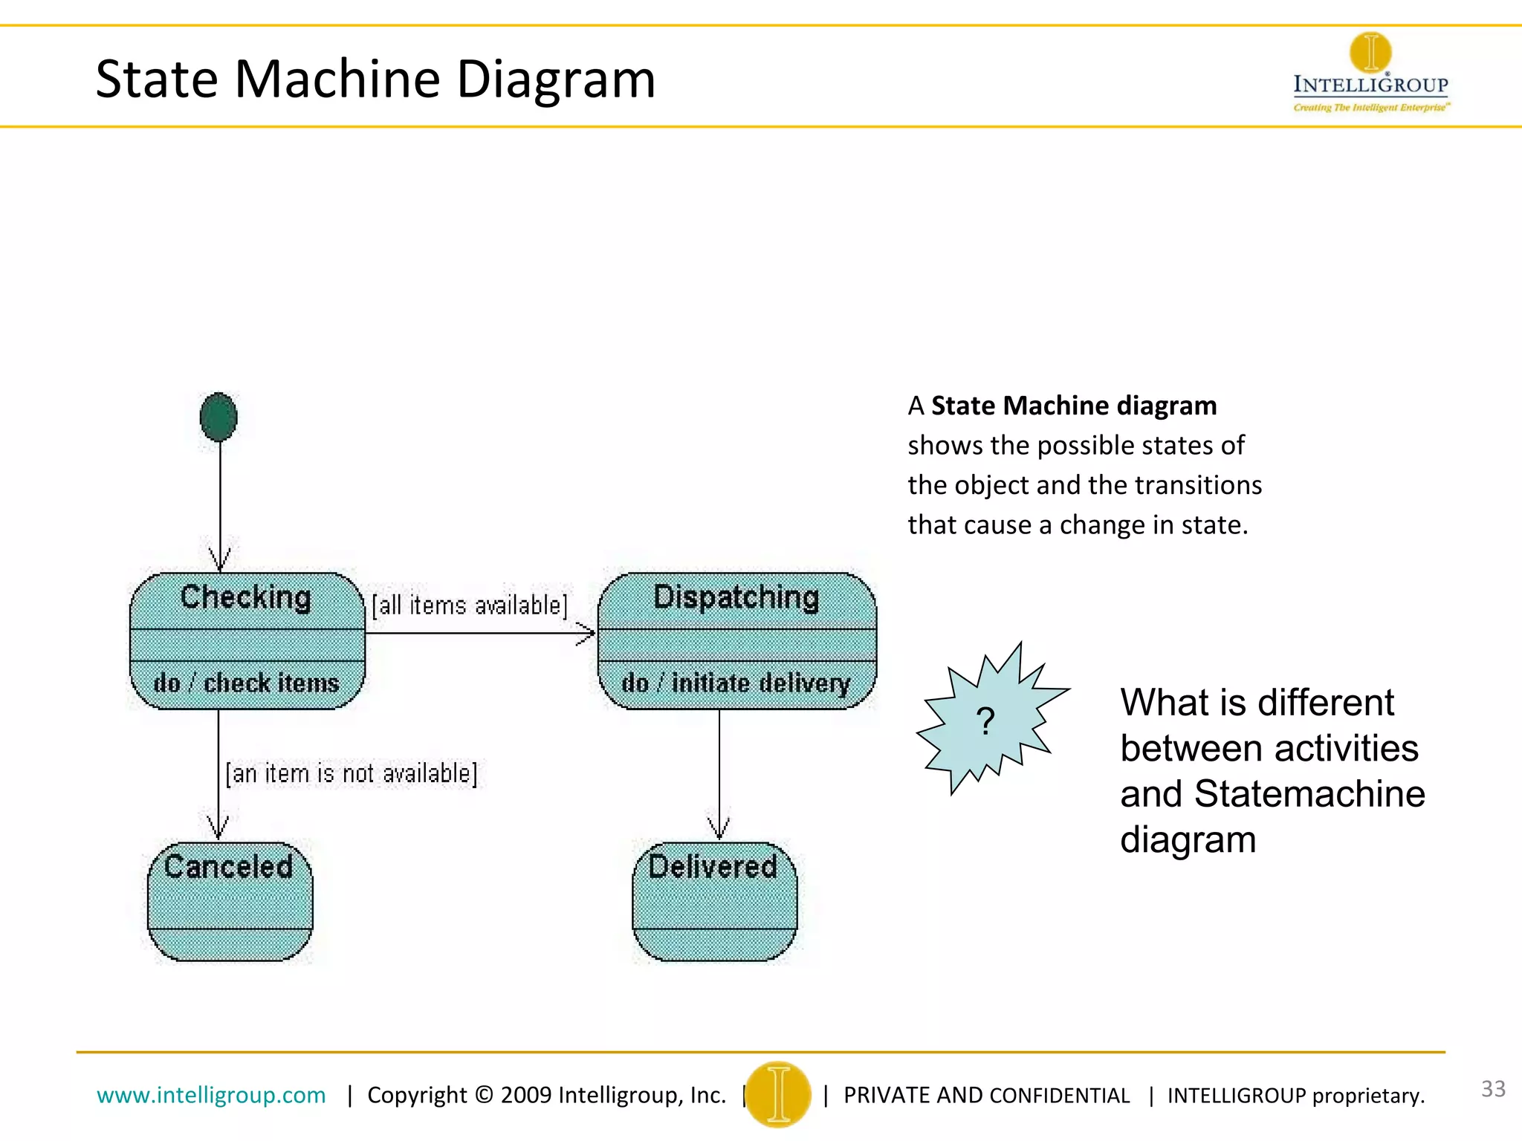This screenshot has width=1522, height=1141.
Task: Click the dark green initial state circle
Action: click(x=218, y=417)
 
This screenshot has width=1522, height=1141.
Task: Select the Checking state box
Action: click(x=247, y=640)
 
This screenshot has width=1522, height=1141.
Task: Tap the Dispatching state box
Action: click(x=736, y=640)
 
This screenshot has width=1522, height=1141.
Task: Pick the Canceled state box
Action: click(x=230, y=901)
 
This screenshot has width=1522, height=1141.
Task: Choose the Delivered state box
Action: click(x=714, y=901)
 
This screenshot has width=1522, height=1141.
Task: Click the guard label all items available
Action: click(x=470, y=605)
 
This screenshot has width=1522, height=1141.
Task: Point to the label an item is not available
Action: click(x=352, y=773)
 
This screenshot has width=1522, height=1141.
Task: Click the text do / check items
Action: click(x=246, y=683)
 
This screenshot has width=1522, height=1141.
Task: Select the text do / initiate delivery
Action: click(x=736, y=683)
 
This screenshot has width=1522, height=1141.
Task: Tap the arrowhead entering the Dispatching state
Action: click(x=587, y=634)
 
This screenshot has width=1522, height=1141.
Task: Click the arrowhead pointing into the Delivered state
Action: click(x=719, y=828)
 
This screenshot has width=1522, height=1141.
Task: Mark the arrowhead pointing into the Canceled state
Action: click(x=218, y=828)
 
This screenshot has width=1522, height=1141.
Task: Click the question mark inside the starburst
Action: click(x=985, y=721)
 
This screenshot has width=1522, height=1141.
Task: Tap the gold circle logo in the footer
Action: click(x=778, y=1094)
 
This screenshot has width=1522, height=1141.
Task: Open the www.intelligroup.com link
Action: click(x=211, y=1095)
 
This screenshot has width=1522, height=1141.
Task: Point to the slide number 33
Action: click(x=1493, y=1089)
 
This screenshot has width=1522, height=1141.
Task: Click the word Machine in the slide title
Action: click(x=338, y=79)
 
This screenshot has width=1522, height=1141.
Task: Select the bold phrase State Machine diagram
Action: click(x=1074, y=406)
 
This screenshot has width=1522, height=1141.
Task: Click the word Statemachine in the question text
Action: click(x=1309, y=794)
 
